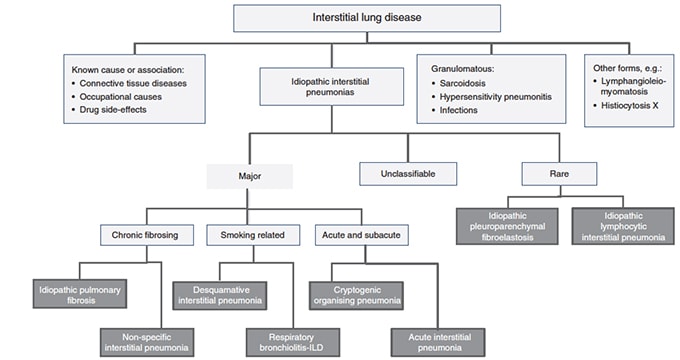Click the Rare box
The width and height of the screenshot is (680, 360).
pyautogui.click(x=560, y=173)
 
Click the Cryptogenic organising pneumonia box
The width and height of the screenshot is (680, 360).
pyautogui.click(x=367, y=294)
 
